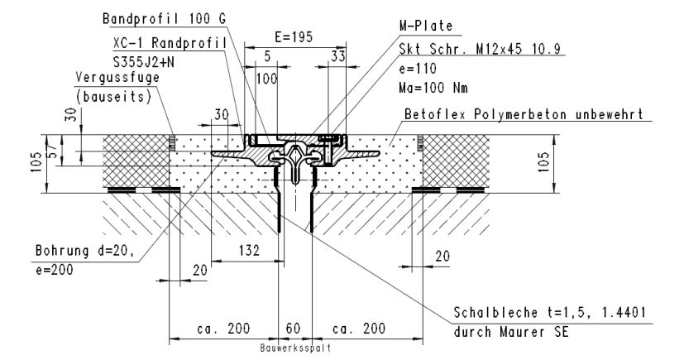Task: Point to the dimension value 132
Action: pos(244,249)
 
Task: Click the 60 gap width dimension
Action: pos(294,329)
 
